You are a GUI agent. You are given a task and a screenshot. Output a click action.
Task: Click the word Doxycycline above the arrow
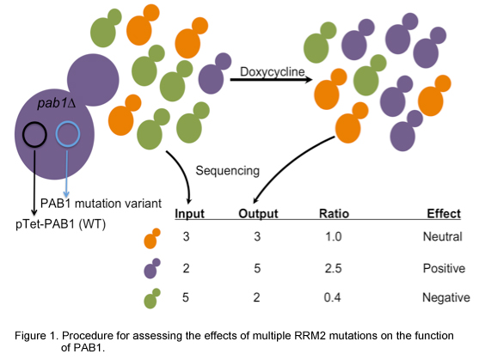pos(273,72)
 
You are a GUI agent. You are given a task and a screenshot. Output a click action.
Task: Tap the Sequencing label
pos(228,171)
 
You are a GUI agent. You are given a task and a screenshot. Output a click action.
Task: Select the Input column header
pos(189,214)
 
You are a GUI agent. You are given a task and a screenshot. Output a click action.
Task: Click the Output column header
pos(258,214)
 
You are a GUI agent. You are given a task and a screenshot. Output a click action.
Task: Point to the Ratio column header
pos(334,214)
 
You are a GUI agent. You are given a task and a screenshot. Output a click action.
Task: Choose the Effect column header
pos(444,214)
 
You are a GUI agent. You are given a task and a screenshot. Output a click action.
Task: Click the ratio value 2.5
pos(333,268)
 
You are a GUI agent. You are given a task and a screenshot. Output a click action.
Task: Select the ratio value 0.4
pos(332,297)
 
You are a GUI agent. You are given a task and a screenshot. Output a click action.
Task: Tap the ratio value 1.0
pos(334,236)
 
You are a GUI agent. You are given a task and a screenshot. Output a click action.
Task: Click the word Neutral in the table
pos(442,236)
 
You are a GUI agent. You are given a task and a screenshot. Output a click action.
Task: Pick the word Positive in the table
pos(444,268)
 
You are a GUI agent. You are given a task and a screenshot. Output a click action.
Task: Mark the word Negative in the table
pos(446,297)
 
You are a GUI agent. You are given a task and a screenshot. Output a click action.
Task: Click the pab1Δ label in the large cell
pos(56,103)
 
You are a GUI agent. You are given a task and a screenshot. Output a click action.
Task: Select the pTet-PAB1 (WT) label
pos(60,224)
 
